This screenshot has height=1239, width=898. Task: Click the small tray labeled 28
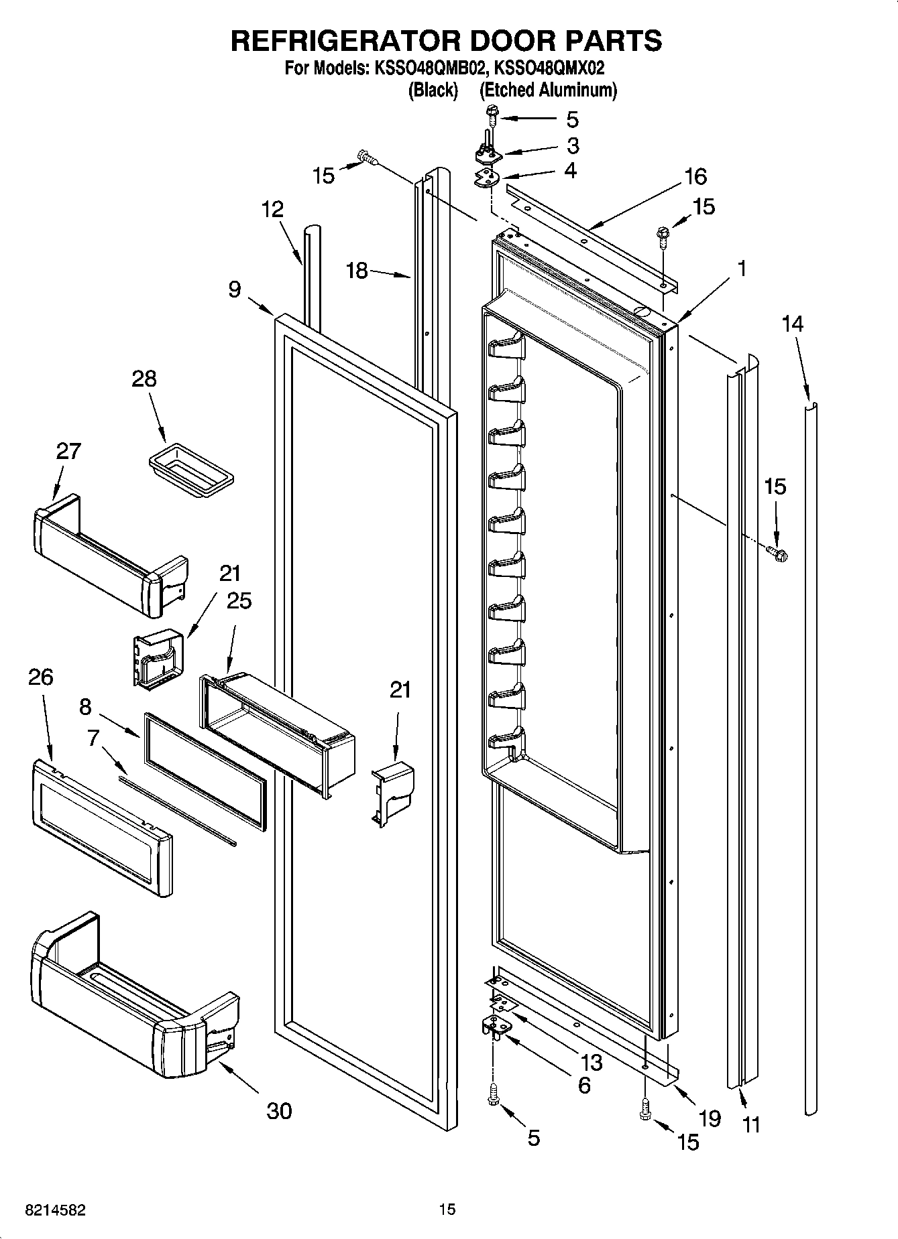190,469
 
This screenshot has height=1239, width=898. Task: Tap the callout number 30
279,1110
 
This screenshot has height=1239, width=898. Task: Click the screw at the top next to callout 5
492,118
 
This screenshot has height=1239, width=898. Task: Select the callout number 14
792,324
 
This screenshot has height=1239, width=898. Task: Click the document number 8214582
55,1210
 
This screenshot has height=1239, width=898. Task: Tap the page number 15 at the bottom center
447,1210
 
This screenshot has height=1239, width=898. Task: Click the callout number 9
234,289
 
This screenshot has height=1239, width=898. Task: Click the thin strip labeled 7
178,810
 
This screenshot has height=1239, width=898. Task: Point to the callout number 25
239,600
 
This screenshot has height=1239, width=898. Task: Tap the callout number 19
710,1118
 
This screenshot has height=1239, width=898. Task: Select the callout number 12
272,209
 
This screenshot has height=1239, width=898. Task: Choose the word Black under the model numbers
433,90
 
